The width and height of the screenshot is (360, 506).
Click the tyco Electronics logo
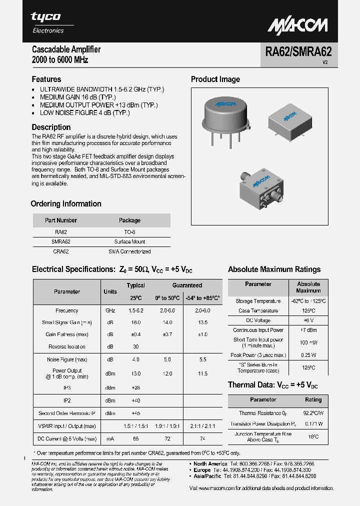(48, 22)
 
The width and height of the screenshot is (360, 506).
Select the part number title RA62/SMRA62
(298, 52)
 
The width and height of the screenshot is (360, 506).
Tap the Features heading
(46, 79)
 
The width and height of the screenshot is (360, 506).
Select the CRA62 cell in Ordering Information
(60, 251)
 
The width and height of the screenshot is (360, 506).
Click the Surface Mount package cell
(129, 241)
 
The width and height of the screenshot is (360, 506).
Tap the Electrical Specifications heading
(112, 269)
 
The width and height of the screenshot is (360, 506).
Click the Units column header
(110, 291)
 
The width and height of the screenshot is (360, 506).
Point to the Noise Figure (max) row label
(67, 359)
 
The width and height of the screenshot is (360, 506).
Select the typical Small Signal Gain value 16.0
(135, 322)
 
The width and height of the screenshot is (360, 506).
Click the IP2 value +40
(135, 400)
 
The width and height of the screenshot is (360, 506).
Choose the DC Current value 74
(202, 438)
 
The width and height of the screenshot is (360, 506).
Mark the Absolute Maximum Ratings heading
(274, 269)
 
